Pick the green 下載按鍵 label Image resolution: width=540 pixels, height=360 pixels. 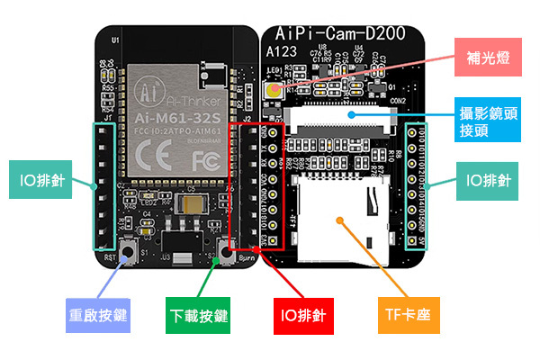click(x=199, y=316)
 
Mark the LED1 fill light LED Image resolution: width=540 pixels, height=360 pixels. click(x=272, y=88)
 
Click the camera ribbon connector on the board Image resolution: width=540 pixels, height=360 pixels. click(x=346, y=120)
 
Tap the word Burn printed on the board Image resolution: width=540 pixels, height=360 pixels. click(x=247, y=259)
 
